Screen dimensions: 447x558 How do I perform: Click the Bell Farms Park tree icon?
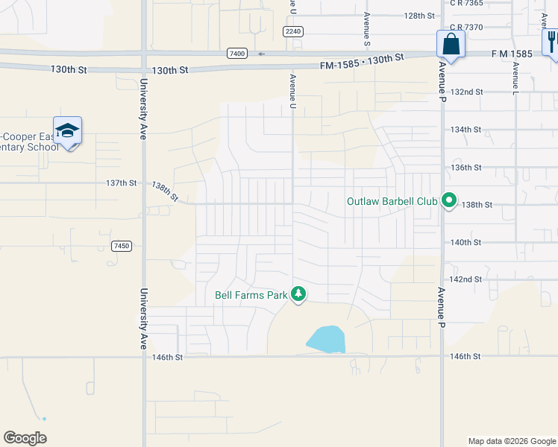(x=298, y=295)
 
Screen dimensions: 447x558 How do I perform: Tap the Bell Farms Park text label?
(x=251, y=295)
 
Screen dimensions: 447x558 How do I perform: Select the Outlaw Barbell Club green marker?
(x=449, y=201)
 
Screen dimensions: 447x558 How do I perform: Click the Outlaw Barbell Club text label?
(x=392, y=201)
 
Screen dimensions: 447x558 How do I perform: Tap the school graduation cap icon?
(x=67, y=131)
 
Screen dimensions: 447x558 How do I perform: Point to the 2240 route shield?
(x=293, y=31)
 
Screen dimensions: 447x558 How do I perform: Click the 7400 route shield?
(x=237, y=54)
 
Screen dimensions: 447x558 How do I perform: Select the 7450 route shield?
(x=122, y=246)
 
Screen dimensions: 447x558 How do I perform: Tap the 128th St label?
(x=419, y=16)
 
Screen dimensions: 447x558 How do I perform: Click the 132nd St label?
(x=468, y=92)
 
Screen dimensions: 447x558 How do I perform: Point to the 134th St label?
(x=466, y=130)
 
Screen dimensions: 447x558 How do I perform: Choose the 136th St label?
(x=466, y=168)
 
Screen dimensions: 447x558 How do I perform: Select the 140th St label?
(x=466, y=242)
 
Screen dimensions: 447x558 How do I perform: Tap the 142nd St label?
(x=468, y=279)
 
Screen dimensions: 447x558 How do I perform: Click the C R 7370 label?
(x=467, y=27)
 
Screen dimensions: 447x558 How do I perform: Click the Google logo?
(x=25, y=438)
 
